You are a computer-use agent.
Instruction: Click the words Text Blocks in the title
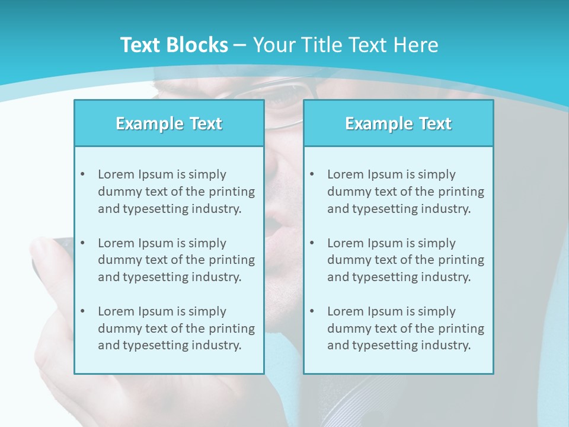pos(174,45)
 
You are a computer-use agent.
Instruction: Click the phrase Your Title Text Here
pos(346,45)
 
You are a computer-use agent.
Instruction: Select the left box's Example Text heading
pos(169,123)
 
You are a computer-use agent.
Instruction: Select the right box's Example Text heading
pos(398,123)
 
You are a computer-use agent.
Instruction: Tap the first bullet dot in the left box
pos(82,174)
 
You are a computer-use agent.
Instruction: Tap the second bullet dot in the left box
pos(82,243)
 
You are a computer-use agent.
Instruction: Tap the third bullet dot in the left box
pos(82,311)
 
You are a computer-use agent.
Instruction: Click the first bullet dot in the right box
pos(312,174)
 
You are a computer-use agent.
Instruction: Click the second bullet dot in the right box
pos(312,243)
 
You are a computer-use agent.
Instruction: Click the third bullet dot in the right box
pos(312,311)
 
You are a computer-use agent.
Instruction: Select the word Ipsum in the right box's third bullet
pos(386,311)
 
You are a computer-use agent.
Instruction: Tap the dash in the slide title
pos(240,45)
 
